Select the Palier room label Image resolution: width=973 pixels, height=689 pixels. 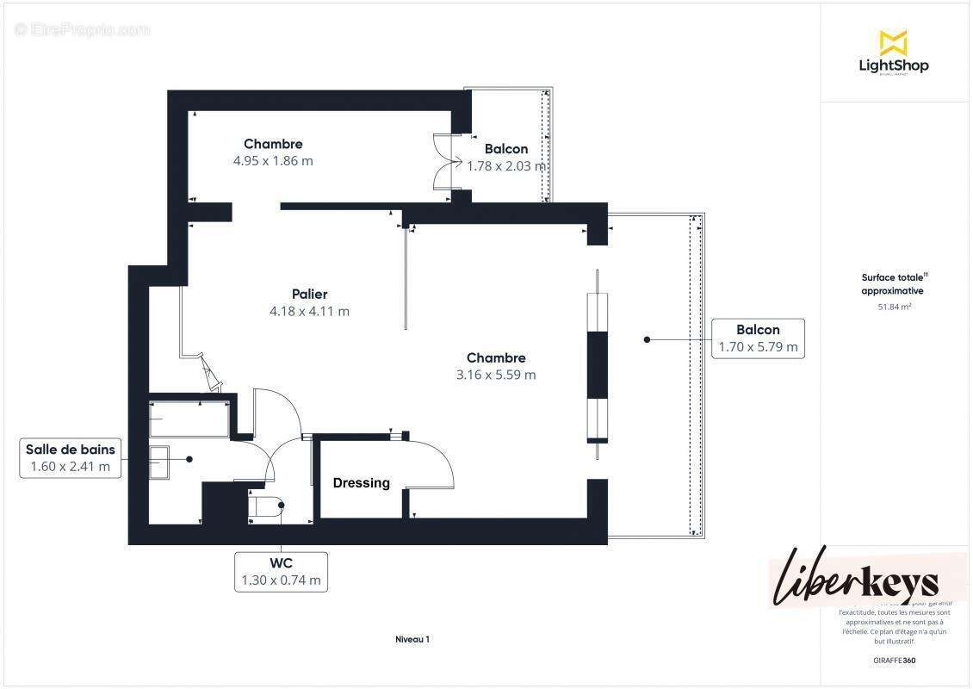(309, 294)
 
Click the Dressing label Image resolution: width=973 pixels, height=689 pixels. (362, 483)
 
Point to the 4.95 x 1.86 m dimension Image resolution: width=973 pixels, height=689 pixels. (273, 160)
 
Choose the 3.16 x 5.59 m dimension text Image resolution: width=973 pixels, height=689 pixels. (496, 375)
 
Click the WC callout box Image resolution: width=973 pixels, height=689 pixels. (281, 572)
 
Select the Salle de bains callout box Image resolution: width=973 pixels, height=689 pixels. (70, 458)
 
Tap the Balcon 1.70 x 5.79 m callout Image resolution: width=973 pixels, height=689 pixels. (758, 338)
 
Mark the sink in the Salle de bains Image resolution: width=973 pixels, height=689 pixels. (160, 462)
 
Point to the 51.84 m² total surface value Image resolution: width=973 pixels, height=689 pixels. (895, 306)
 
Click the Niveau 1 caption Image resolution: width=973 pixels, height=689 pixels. (412, 639)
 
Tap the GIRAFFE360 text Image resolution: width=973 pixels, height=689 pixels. (895, 660)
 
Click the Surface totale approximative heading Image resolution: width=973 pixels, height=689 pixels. (895, 284)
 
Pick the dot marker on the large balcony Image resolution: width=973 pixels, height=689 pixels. (647, 340)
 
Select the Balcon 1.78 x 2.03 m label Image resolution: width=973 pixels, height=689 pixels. (506, 158)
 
